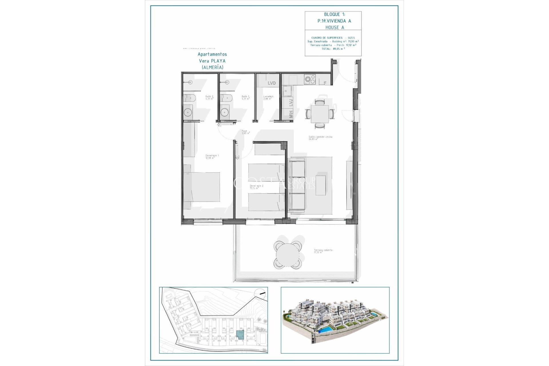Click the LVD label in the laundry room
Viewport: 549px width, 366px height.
272,83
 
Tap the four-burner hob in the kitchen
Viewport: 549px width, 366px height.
309,79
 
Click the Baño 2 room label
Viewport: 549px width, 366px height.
209,98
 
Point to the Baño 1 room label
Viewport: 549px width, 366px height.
245,98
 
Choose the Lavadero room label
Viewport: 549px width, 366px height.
268,98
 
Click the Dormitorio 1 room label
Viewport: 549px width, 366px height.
212,157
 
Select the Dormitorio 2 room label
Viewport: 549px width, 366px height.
256,187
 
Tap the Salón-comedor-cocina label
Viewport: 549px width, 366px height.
320,138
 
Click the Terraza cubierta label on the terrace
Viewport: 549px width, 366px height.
323,251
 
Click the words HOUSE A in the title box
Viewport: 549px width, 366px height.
335,27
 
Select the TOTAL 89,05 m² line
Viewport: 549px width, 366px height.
333,49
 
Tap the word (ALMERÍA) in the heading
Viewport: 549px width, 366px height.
212,67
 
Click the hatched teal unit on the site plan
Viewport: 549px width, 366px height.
240,335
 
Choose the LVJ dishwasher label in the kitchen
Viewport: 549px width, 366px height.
291,103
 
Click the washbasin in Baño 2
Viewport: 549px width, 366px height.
188,112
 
